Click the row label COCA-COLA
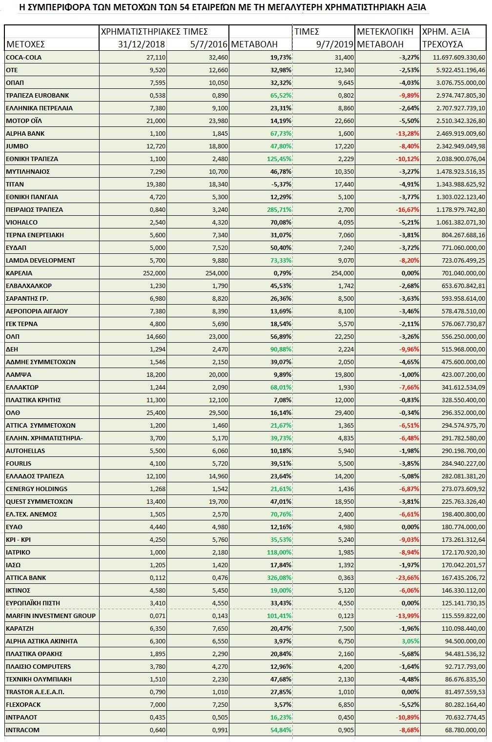click(x=23, y=58)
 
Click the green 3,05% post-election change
click(x=409, y=641)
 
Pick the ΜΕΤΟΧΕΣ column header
click(x=25, y=44)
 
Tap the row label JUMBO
click(x=17, y=146)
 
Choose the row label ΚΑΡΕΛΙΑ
click(x=19, y=273)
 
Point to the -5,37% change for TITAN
click(x=280, y=185)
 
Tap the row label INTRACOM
click(x=22, y=730)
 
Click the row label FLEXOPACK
click(x=23, y=705)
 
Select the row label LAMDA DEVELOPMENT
click(x=41, y=261)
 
